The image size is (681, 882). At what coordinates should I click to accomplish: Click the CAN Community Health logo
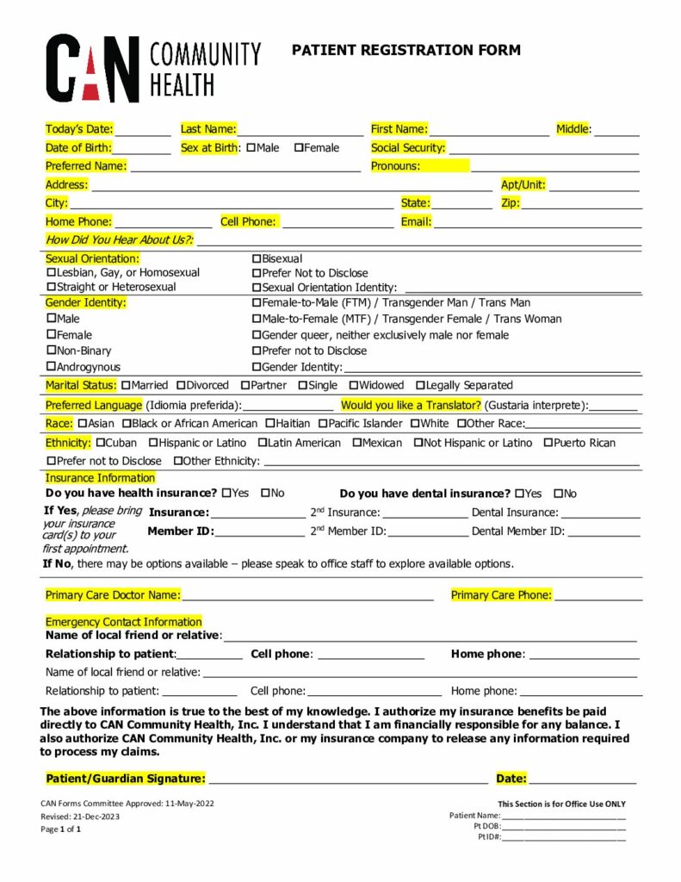[x=152, y=68]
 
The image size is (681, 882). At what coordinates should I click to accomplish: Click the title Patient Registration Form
[x=406, y=50]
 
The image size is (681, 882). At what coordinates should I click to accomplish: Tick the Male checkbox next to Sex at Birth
[x=251, y=148]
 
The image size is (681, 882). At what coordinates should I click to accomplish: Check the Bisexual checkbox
[x=257, y=259]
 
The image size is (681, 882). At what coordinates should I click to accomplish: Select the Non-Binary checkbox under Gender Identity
[x=51, y=351]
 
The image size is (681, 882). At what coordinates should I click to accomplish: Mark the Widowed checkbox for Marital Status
[x=353, y=386]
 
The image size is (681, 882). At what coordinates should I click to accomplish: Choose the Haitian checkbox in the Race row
[x=270, y=424]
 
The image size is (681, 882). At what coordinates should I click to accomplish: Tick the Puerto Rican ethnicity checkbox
[x=548, y=444]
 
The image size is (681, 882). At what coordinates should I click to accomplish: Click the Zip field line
[x=582, y=205]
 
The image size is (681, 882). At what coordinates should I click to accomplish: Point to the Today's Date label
[x=79, y=129]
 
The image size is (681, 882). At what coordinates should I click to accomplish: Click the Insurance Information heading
[x=100, y=478]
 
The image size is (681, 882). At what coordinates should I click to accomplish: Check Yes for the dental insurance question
[x=519, y=494]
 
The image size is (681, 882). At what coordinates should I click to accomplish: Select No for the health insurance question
[x=265, y=494]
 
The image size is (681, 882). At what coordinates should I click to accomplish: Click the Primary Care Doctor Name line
[x=307, y=596]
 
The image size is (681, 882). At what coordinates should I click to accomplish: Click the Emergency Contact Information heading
[x=123, y=622]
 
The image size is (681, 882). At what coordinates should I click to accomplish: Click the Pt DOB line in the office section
[x=564, y=827]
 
